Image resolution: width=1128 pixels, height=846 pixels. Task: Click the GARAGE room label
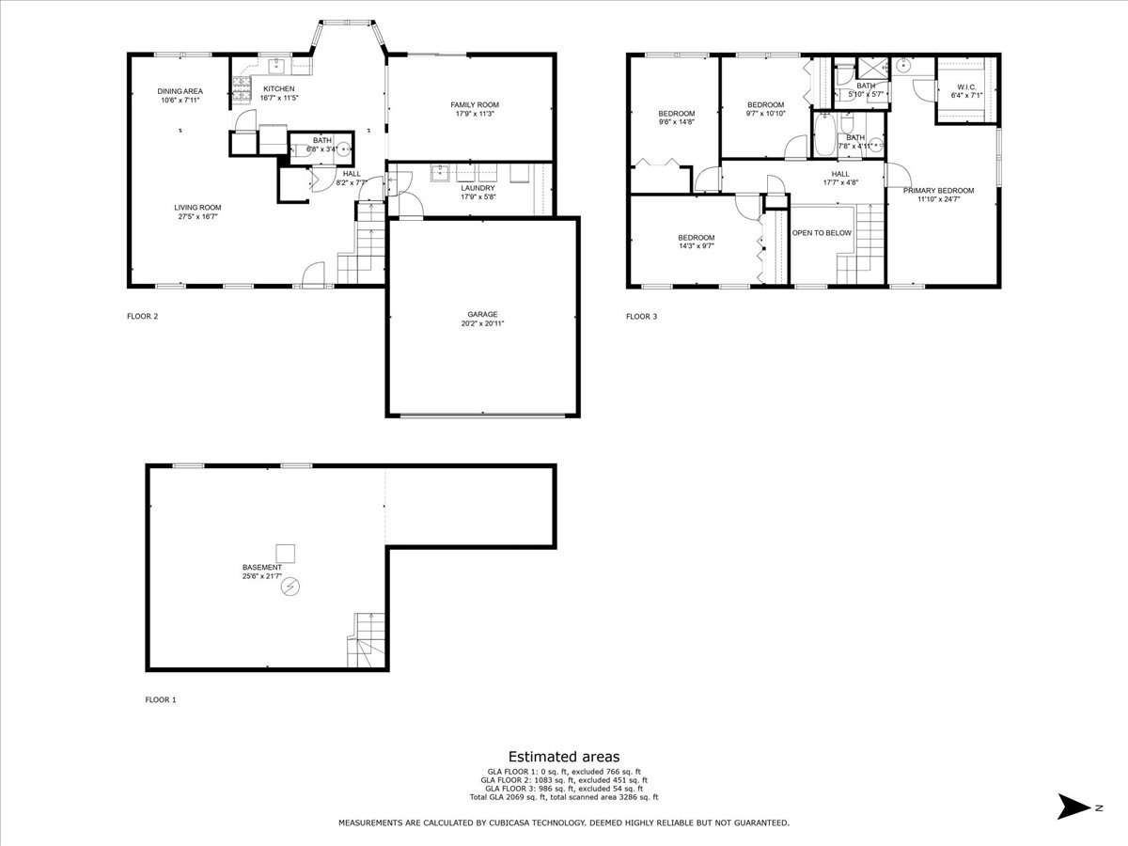482,314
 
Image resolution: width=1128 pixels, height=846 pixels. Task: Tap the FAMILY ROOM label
475,104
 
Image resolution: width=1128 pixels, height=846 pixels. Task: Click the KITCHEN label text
278,88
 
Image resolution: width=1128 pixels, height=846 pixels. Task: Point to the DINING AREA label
180,91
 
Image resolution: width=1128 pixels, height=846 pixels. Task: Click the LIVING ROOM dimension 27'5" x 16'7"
197,217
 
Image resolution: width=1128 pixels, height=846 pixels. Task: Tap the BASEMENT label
261,567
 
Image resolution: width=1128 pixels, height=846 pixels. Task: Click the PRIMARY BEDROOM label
938,190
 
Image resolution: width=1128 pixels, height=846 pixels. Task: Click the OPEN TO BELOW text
822,233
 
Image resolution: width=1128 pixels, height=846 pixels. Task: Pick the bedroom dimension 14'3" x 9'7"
697,246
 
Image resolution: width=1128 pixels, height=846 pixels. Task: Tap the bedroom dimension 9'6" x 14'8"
676,121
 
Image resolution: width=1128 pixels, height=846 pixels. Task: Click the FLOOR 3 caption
641,317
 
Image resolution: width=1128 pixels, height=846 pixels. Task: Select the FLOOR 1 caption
160,699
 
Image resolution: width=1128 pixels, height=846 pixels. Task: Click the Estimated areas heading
564,756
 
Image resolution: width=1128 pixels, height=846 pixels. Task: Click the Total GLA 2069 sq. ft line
564,797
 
